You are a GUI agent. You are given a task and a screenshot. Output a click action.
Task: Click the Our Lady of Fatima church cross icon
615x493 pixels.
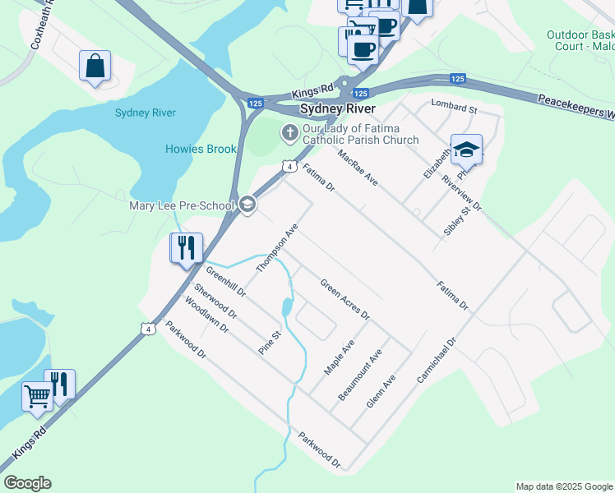coord(289,131)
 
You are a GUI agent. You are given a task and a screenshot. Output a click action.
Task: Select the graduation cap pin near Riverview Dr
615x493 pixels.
coord(466,150)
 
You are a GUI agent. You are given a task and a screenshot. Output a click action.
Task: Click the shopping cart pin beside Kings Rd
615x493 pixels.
coord(37,396)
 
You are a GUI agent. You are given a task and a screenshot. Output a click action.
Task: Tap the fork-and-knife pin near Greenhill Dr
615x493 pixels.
coord(185,246)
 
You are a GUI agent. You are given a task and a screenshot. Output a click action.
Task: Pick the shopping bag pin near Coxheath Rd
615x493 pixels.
coord(95,65)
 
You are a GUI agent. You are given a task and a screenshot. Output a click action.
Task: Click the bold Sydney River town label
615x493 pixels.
coord(337,108)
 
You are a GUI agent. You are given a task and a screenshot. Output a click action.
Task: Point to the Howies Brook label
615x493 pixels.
coord(201,149)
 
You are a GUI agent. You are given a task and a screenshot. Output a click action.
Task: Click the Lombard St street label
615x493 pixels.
coord(454,108)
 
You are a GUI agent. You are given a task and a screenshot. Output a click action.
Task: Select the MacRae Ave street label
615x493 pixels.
coord(358,167)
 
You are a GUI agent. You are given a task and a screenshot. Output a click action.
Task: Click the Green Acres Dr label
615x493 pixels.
coord(344,300)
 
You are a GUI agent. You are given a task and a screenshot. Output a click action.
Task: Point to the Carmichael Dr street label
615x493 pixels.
coord(436,360)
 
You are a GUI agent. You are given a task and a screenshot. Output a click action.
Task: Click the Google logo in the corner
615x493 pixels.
coord(27,483)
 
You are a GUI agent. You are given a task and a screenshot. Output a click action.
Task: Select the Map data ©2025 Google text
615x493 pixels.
coord(563,486)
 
